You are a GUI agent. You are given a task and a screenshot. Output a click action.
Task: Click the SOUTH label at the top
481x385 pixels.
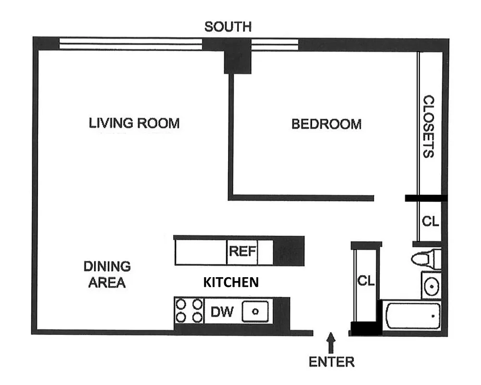(x=228, y=26)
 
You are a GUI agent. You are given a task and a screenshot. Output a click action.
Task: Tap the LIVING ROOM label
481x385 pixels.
(x=134, y=123)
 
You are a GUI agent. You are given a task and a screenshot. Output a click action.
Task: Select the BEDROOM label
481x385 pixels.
(x=326, y=124)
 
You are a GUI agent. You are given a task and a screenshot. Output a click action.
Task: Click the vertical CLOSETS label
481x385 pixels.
(x=428, y=127)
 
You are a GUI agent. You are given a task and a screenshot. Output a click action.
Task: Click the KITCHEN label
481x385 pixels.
(x=231, y=282)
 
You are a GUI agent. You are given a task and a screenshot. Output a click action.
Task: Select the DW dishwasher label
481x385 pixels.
(x=222, y=312)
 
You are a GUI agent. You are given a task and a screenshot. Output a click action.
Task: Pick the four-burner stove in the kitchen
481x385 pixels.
(x=189, y=310)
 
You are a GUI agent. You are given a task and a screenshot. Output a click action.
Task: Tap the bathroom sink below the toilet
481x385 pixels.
(x=431, y=286)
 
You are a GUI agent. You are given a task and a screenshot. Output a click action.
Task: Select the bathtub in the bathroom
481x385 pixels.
(x=412, y=316)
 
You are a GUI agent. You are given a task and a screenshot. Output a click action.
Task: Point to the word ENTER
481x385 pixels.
(x=331, y=362)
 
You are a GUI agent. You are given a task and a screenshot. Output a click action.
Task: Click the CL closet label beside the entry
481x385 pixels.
(x=366, y=281)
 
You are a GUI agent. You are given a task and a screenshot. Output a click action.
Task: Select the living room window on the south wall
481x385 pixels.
(x=130, y=44)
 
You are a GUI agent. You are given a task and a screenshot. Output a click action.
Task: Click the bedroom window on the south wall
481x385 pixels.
(x=275, y=44)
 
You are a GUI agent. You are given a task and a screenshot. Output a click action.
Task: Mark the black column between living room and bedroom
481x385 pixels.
(x=238, y=57)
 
